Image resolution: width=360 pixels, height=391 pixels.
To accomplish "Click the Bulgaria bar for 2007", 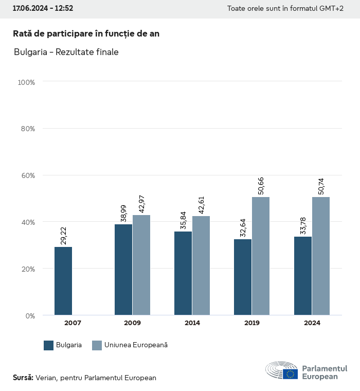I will pos(63,281).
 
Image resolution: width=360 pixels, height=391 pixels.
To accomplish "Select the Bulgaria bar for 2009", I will pos(123,270).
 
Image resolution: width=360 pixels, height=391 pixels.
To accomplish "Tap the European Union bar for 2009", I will pos(141,265).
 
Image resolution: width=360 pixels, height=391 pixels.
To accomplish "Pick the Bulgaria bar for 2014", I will pos(183,273).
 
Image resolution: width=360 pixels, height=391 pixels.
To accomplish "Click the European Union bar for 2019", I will pos(261,256).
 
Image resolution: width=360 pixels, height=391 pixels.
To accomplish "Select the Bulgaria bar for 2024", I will pos(303,276).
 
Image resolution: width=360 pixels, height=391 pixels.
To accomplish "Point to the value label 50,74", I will pos(321,186).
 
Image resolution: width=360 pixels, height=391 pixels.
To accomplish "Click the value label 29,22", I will pos(64,235).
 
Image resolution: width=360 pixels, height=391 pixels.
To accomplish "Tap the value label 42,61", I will pos(202,204).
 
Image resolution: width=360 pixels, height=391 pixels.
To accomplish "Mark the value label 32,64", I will pos(243,227).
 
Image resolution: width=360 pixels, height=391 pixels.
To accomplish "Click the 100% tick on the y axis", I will pos(26,82).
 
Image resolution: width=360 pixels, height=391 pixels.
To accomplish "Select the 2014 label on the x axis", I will pos(192,323).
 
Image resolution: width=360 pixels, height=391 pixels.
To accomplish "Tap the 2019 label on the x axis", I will pos(252,323).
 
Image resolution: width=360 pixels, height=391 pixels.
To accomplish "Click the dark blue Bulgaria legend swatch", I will pos(49,345).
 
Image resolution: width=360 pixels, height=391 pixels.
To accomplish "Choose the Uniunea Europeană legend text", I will pos(136,345).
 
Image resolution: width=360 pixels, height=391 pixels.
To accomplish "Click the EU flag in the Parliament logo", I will pos(290,374).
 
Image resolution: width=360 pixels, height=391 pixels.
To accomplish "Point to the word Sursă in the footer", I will pos(23,378).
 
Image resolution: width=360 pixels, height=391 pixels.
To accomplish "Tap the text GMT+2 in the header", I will pos(333,9).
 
